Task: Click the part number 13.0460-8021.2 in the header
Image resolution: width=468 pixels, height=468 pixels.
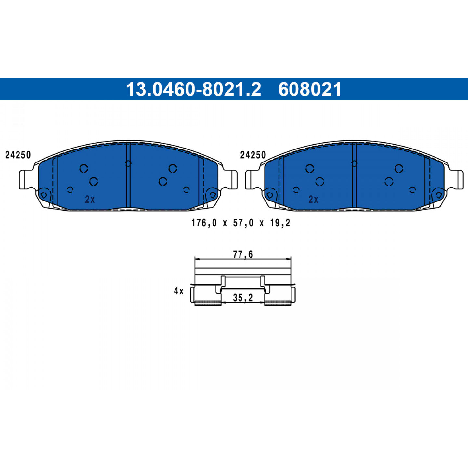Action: tap(193, 89)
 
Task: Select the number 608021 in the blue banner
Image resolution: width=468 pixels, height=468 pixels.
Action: tap(310, 89)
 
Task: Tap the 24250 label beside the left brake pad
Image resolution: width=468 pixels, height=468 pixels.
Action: tap(18, 155)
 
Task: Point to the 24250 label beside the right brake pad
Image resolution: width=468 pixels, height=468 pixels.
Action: tap(253, 155)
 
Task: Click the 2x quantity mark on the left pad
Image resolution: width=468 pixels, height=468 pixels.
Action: tap(90, 200)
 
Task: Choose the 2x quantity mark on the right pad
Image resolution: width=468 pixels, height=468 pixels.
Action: tap(313, 200)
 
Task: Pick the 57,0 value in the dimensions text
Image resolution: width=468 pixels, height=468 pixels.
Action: tap(243, 223)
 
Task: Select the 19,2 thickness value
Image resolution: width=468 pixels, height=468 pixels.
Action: tap(280, 223)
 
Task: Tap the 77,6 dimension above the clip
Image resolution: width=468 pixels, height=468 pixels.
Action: tap(243, 254)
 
